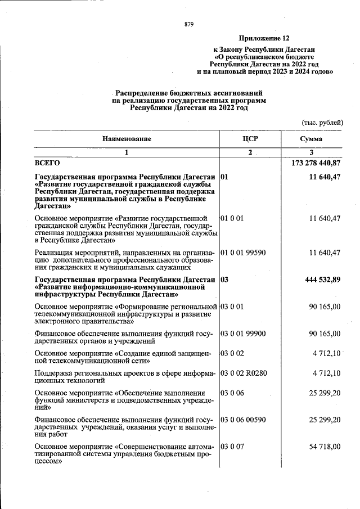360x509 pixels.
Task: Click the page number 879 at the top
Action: [x=189, y=24]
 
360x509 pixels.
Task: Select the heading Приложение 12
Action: [x=264, y=38]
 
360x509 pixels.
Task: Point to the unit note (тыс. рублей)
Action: [x=323, y=123]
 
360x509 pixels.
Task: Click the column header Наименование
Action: [x=127, y=138]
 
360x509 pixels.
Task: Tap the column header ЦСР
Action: [x=250, y=138]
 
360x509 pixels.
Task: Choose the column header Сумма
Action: [x=311, y=138]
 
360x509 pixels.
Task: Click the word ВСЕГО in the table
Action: [x=47, y=163]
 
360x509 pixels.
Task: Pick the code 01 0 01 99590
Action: [x=244, y=253]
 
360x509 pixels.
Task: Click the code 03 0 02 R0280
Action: [x=245, y=373]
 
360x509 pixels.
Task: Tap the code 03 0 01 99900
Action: [x=244, y=334]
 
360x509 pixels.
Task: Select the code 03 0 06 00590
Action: [x=244, y=420]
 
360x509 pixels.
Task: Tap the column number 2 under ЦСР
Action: [x=250, y=152]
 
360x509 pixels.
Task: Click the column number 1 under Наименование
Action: [x=127, y=152]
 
